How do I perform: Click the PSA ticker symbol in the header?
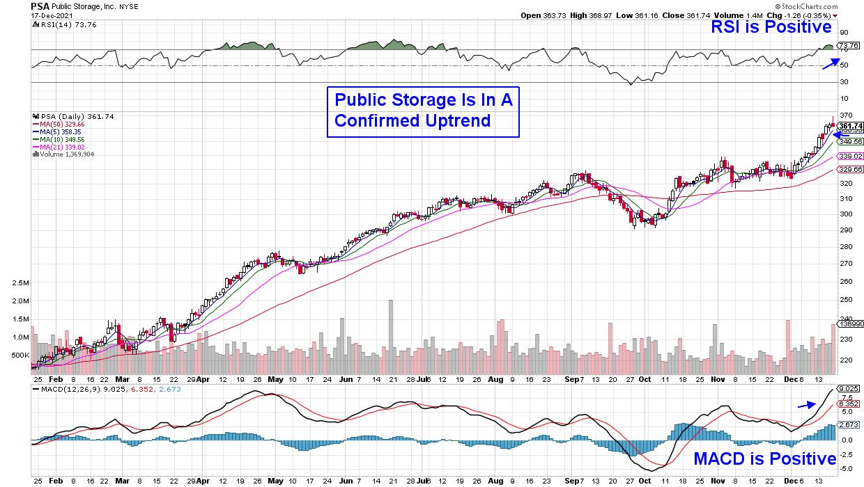[x=40, y=6]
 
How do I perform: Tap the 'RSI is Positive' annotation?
[x=771, y=27]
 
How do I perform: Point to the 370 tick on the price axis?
[x=845, y=116]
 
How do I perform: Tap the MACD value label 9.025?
[x=848, y=389]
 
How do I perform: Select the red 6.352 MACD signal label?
[x=848, y=402]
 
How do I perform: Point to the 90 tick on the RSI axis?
[x=844, y=32]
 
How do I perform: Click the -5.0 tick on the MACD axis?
[x=846, y=469]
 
